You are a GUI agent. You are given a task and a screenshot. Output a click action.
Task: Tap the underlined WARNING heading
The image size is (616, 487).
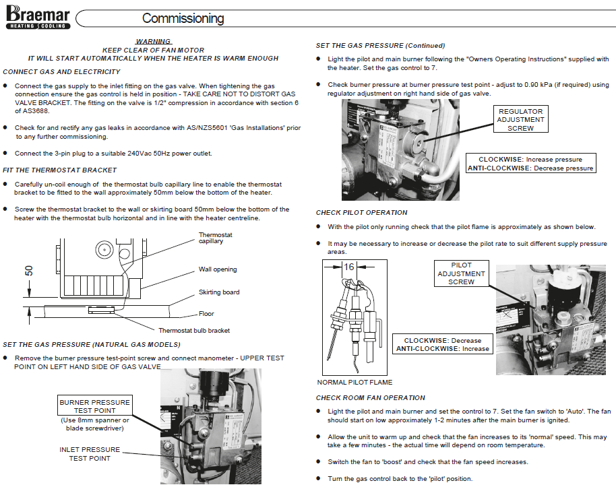tap(153, 42)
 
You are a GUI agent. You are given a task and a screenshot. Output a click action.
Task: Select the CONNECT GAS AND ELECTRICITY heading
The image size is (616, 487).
tap(62, 71)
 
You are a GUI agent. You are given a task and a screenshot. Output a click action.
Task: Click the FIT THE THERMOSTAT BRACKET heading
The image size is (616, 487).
tap(60, 170)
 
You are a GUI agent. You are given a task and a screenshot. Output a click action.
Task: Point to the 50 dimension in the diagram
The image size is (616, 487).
tap(29, 270)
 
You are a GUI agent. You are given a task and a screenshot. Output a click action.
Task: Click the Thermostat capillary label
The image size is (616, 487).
tap(216, 238)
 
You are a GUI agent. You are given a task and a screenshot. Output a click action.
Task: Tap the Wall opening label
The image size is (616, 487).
tap(217, 269)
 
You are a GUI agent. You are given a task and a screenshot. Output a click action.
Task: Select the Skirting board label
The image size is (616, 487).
tap(218, 292)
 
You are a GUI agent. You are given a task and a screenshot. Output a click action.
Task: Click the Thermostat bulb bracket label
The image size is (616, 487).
tap(194, 331)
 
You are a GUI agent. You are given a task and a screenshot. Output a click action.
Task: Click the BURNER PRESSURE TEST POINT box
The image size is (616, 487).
tap(94, 406)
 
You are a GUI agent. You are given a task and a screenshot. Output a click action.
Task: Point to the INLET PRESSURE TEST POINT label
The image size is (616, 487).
tap(90, 454)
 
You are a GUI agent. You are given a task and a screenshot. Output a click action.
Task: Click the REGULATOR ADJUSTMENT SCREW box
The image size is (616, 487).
tap(520, 119)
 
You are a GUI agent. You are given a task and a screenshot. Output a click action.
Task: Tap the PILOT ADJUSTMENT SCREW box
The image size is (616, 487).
tap(461, 273)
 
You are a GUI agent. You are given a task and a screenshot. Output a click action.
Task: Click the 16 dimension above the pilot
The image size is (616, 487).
tap(348, 267)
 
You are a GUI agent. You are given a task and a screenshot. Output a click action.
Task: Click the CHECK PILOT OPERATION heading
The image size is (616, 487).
tap(361, 213)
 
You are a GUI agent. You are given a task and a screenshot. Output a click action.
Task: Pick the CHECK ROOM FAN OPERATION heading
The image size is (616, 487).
tap(371, 397)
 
